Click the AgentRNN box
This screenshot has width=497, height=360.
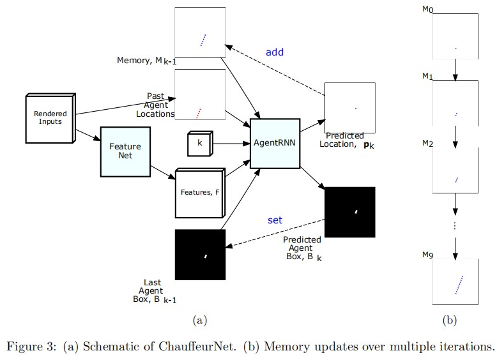(x=275, y=144)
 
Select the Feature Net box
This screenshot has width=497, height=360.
(x=125, y=151)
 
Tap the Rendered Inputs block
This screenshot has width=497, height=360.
(x=50, y=118)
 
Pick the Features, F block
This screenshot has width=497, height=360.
(x=198, y=193)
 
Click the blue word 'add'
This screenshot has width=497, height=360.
(x=275, y=52)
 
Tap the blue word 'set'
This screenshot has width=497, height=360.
(x=275, y=220)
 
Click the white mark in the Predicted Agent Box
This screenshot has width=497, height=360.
(x=356, y=211)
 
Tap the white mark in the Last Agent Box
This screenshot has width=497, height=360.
(x=206, y=257)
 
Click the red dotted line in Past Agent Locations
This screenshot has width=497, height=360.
(x=198, y=114)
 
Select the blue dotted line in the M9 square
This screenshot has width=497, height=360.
(x=458, y=285)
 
